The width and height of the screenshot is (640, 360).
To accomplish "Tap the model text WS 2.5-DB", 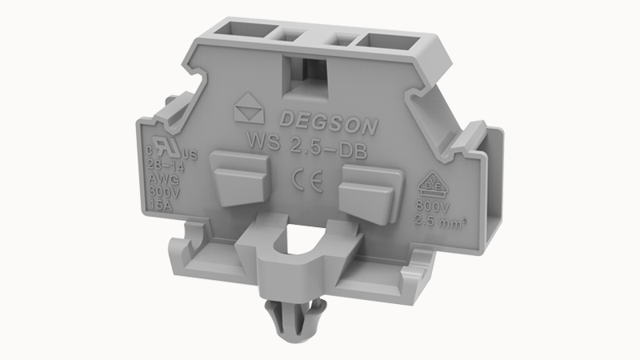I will (x=305, y=149).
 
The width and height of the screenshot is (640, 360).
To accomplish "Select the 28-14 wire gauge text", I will (x=164, y=166).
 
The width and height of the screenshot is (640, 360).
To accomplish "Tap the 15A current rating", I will (x=162, y=204).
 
